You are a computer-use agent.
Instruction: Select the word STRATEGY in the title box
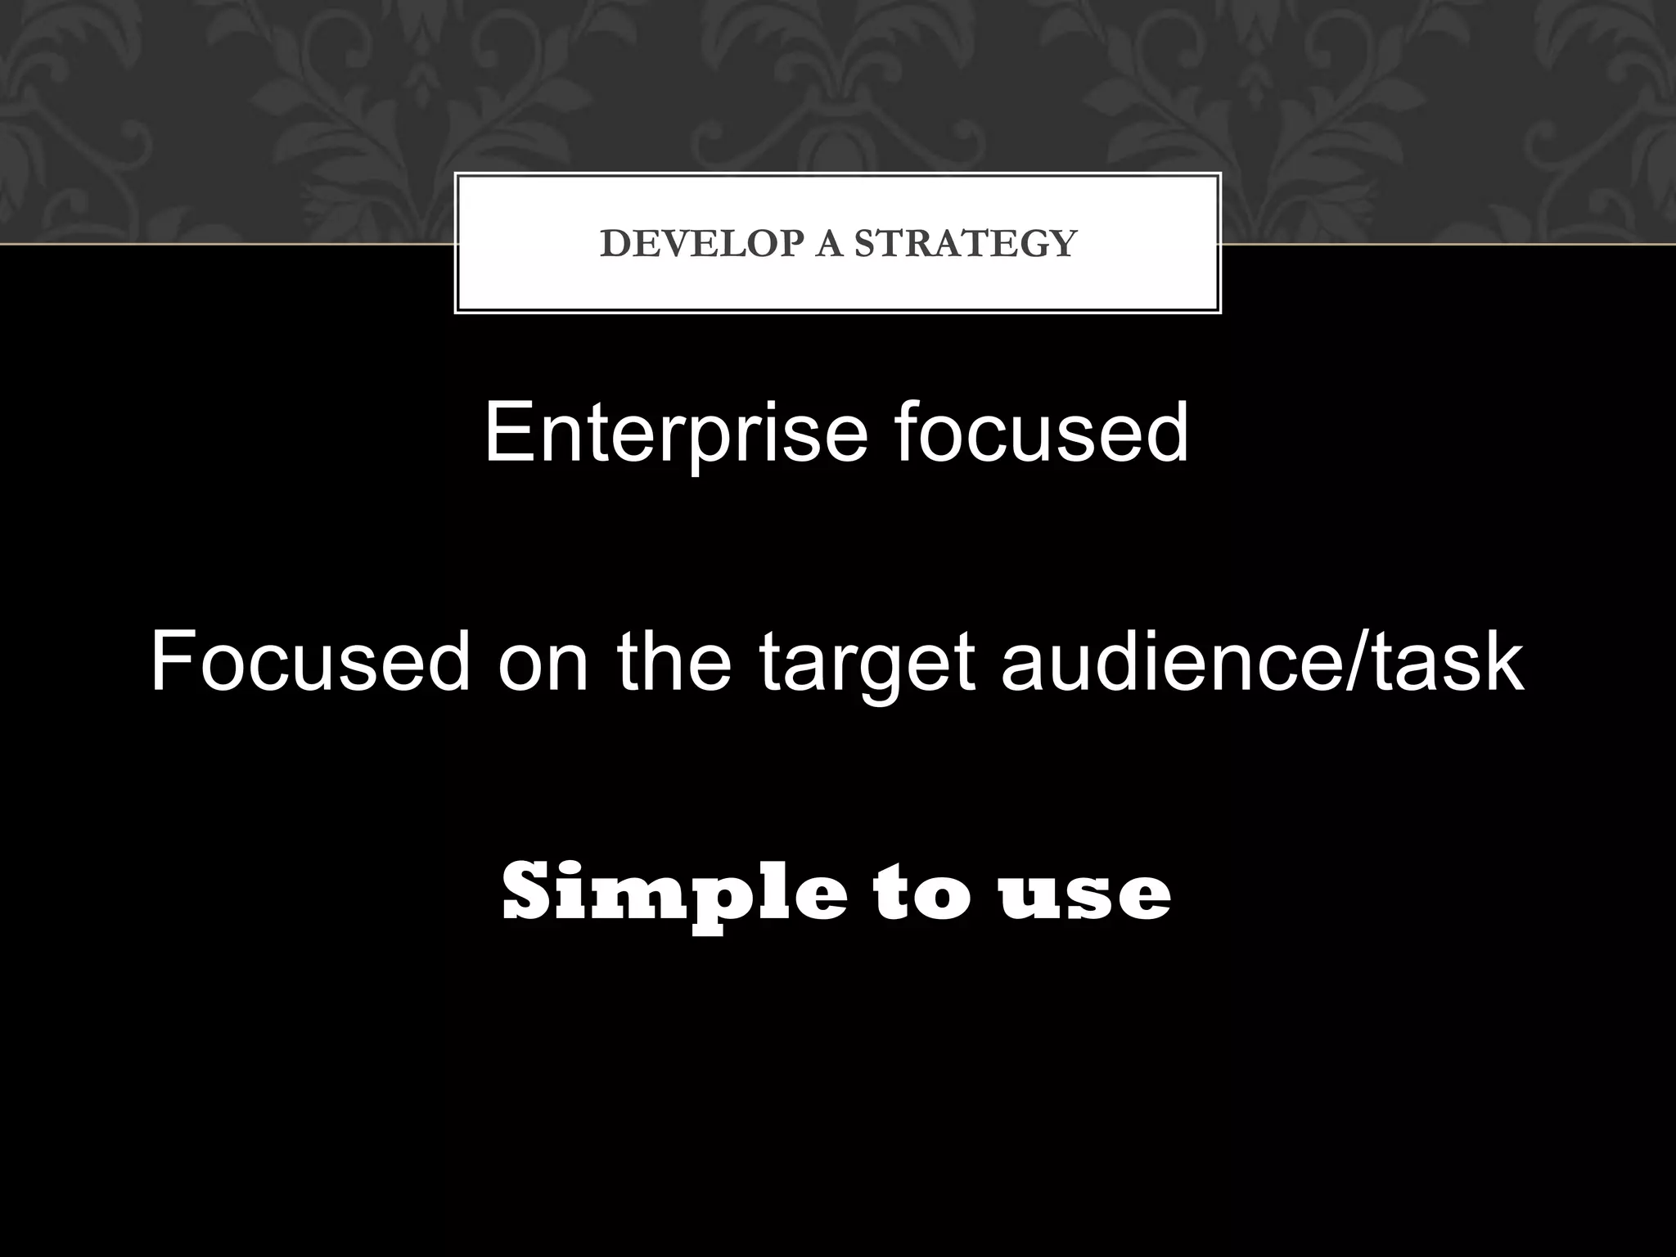pos(966,244)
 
